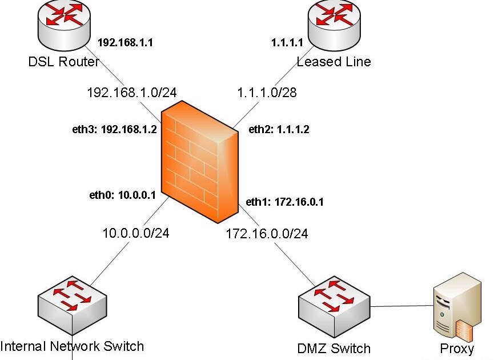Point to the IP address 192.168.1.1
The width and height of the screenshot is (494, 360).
click(126, 43)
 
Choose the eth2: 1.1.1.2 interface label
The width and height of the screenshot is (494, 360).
click(279, 130)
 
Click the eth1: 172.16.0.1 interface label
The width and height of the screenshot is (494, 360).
click(284, 202)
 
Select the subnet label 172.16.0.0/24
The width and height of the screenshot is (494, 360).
click(267, 233)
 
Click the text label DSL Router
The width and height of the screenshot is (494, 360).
click(64, 62)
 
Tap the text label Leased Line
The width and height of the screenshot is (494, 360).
click(334, 62)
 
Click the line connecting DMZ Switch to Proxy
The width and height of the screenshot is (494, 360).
click(400, 307)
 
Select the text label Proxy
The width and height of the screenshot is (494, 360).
click(457, 349)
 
